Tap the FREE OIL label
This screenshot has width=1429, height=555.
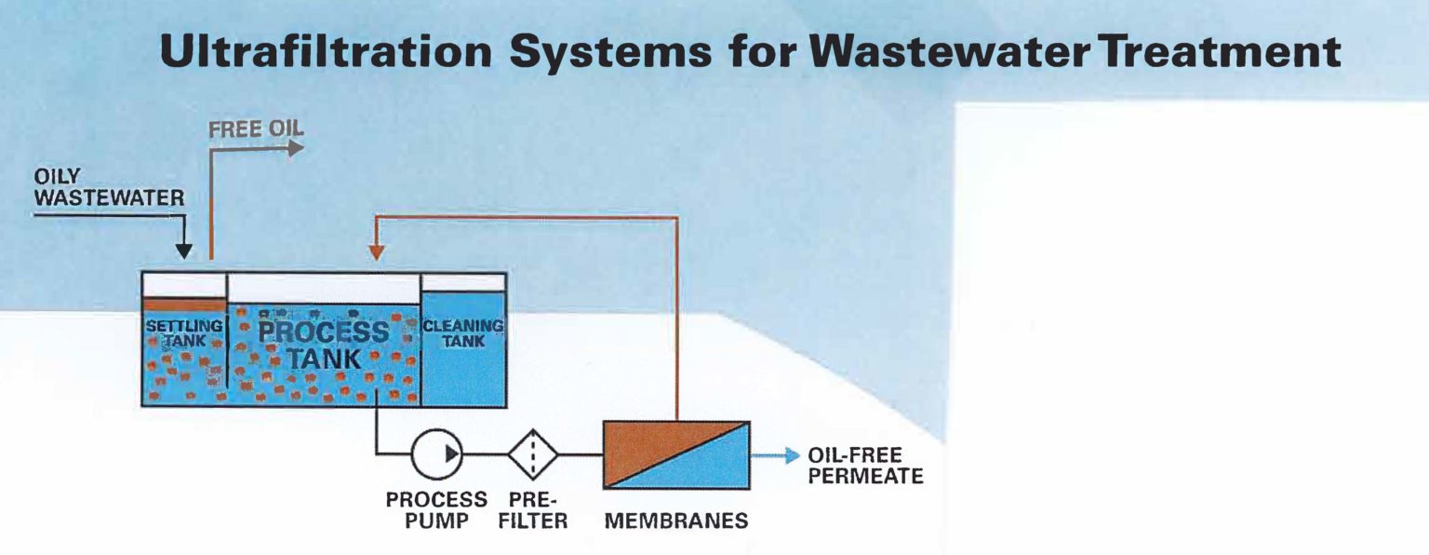[256, 129]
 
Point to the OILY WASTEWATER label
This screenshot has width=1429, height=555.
[109, 186]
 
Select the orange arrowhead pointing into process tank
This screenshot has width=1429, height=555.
[376, 250]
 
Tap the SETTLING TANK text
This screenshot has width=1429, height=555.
[184, 333]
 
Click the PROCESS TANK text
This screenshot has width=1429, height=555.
[324, 344]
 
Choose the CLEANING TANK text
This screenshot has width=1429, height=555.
[462, 333]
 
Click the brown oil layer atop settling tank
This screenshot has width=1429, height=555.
[184, 305]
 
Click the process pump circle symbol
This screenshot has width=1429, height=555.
[437, 455]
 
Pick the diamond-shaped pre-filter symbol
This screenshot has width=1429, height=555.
[533, 455]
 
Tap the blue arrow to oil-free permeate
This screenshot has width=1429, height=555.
[777, 455]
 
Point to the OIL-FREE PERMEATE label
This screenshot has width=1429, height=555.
[865, 467]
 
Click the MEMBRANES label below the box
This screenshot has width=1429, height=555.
[675, 521]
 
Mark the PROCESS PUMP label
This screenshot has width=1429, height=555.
[436, 510]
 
